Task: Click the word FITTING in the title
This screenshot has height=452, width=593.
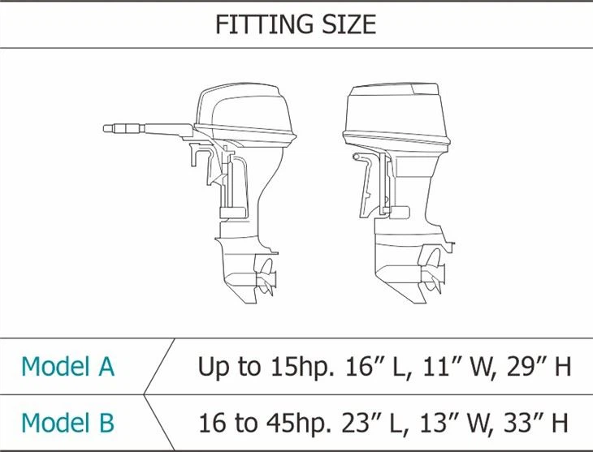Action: [264, 24]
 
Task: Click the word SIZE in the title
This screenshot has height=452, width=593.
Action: [348, 24]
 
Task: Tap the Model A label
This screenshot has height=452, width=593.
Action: [67, 366]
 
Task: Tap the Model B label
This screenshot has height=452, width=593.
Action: [67, 423]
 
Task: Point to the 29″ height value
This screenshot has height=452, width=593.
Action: [526, 366]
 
